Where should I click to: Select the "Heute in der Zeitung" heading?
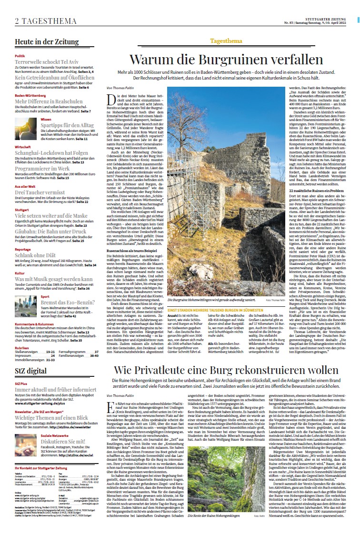pyautogui.click(x=47, y=41)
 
